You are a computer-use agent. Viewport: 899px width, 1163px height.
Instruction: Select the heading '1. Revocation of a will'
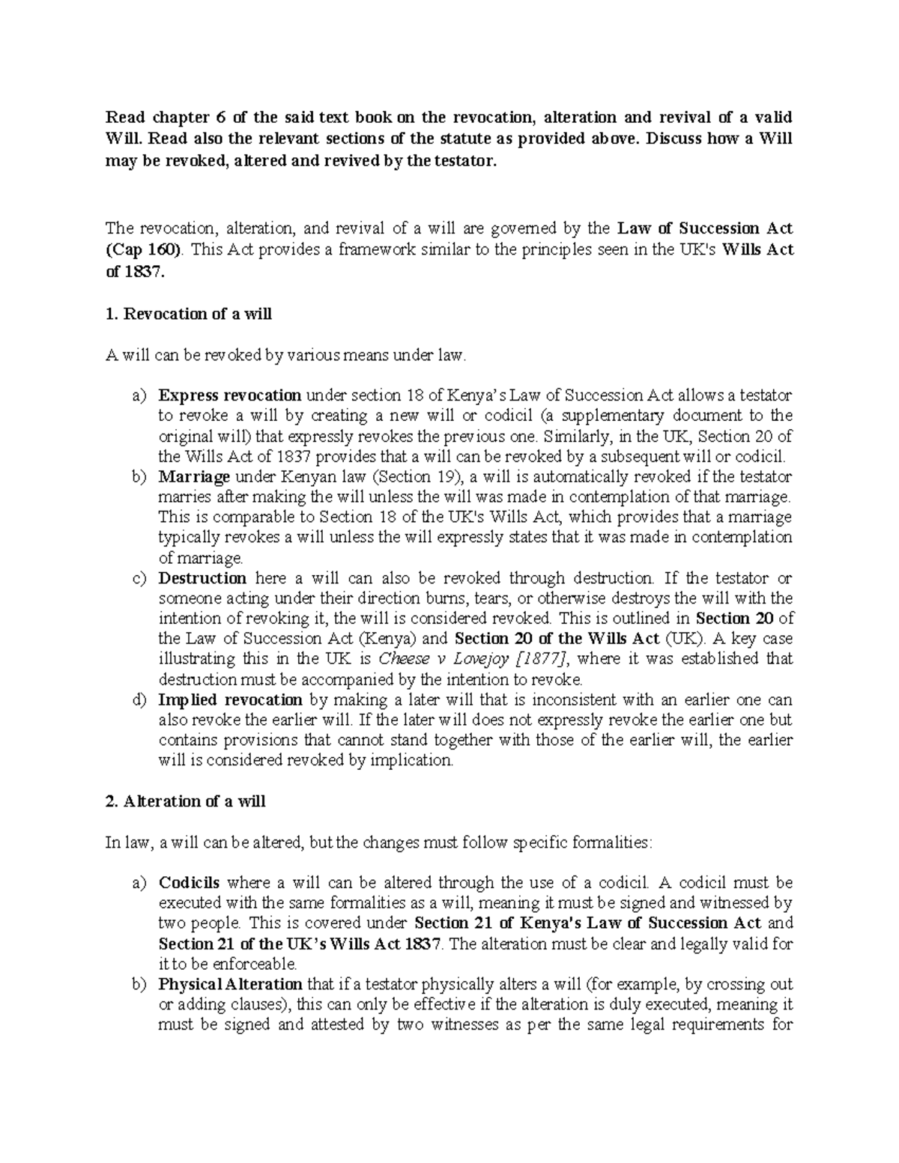[188, 314]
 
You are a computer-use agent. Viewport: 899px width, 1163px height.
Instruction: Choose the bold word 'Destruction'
[202, 578]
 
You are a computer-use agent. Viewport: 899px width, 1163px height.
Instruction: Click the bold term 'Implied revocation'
[230, 700]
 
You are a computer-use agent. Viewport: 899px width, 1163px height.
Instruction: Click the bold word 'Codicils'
[189, 883]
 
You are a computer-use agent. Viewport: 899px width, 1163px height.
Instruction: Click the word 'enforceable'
[257, 964]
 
